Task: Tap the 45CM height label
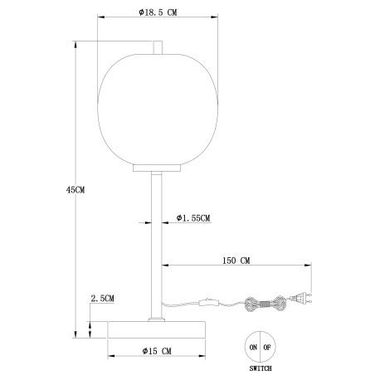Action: tap(75, 189)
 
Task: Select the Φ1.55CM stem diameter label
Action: tap(192, 218)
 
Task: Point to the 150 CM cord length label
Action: tap(236, 260)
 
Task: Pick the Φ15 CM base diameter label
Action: tap(155, 351)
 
